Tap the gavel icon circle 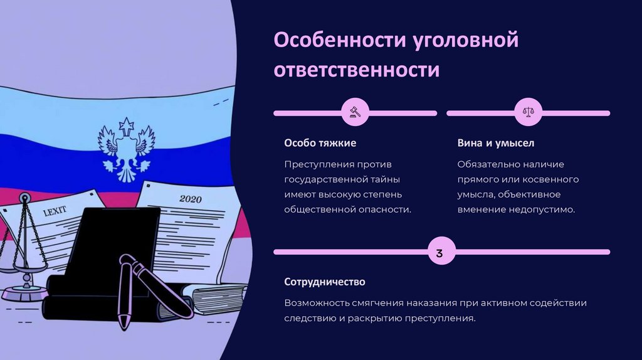[x=354, y=113]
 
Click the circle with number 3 [x=439, y=253]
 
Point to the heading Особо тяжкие [x=320, y=143]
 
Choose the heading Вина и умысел [x=495, y=143]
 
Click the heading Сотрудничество [x=324, y=282]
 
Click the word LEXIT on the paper [x=55, y=211]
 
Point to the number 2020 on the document [x=192, y=199]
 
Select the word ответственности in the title [x=356, y=70]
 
